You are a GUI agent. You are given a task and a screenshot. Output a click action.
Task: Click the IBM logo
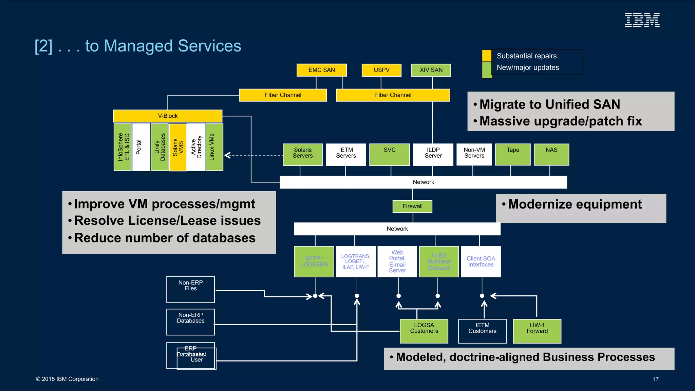click(642, 20)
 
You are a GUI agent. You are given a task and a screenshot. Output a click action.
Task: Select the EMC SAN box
click(321, 70)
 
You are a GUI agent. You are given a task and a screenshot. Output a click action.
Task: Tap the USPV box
click(381, 70)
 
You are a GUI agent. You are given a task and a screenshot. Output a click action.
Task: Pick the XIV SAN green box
click(431, 70)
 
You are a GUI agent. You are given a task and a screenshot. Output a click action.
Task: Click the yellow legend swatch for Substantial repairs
click(487, 56)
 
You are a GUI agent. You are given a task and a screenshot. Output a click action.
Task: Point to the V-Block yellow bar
click(168, 116)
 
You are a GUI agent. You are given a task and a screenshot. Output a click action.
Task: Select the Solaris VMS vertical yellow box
click(178, 147)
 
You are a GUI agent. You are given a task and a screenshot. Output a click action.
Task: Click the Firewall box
click(412, 206)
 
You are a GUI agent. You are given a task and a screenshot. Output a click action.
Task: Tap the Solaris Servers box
click(303, 155)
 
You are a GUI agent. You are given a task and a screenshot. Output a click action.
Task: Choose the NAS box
click(551, 155)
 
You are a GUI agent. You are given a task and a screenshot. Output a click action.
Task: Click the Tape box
click(513, 155)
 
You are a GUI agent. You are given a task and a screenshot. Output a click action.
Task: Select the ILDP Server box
click(433, 155)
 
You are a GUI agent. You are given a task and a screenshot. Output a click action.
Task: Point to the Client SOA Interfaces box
click(481, 261)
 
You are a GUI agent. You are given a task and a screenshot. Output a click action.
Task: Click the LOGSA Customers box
click(424, 331)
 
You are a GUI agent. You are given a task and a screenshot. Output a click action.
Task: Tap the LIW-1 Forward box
click(537, 331)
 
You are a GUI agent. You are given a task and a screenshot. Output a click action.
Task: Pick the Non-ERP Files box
click(190, 289)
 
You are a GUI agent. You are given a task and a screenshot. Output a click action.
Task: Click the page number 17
click(655, 379)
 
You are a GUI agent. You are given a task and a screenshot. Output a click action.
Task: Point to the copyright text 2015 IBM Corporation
click(67, 379)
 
